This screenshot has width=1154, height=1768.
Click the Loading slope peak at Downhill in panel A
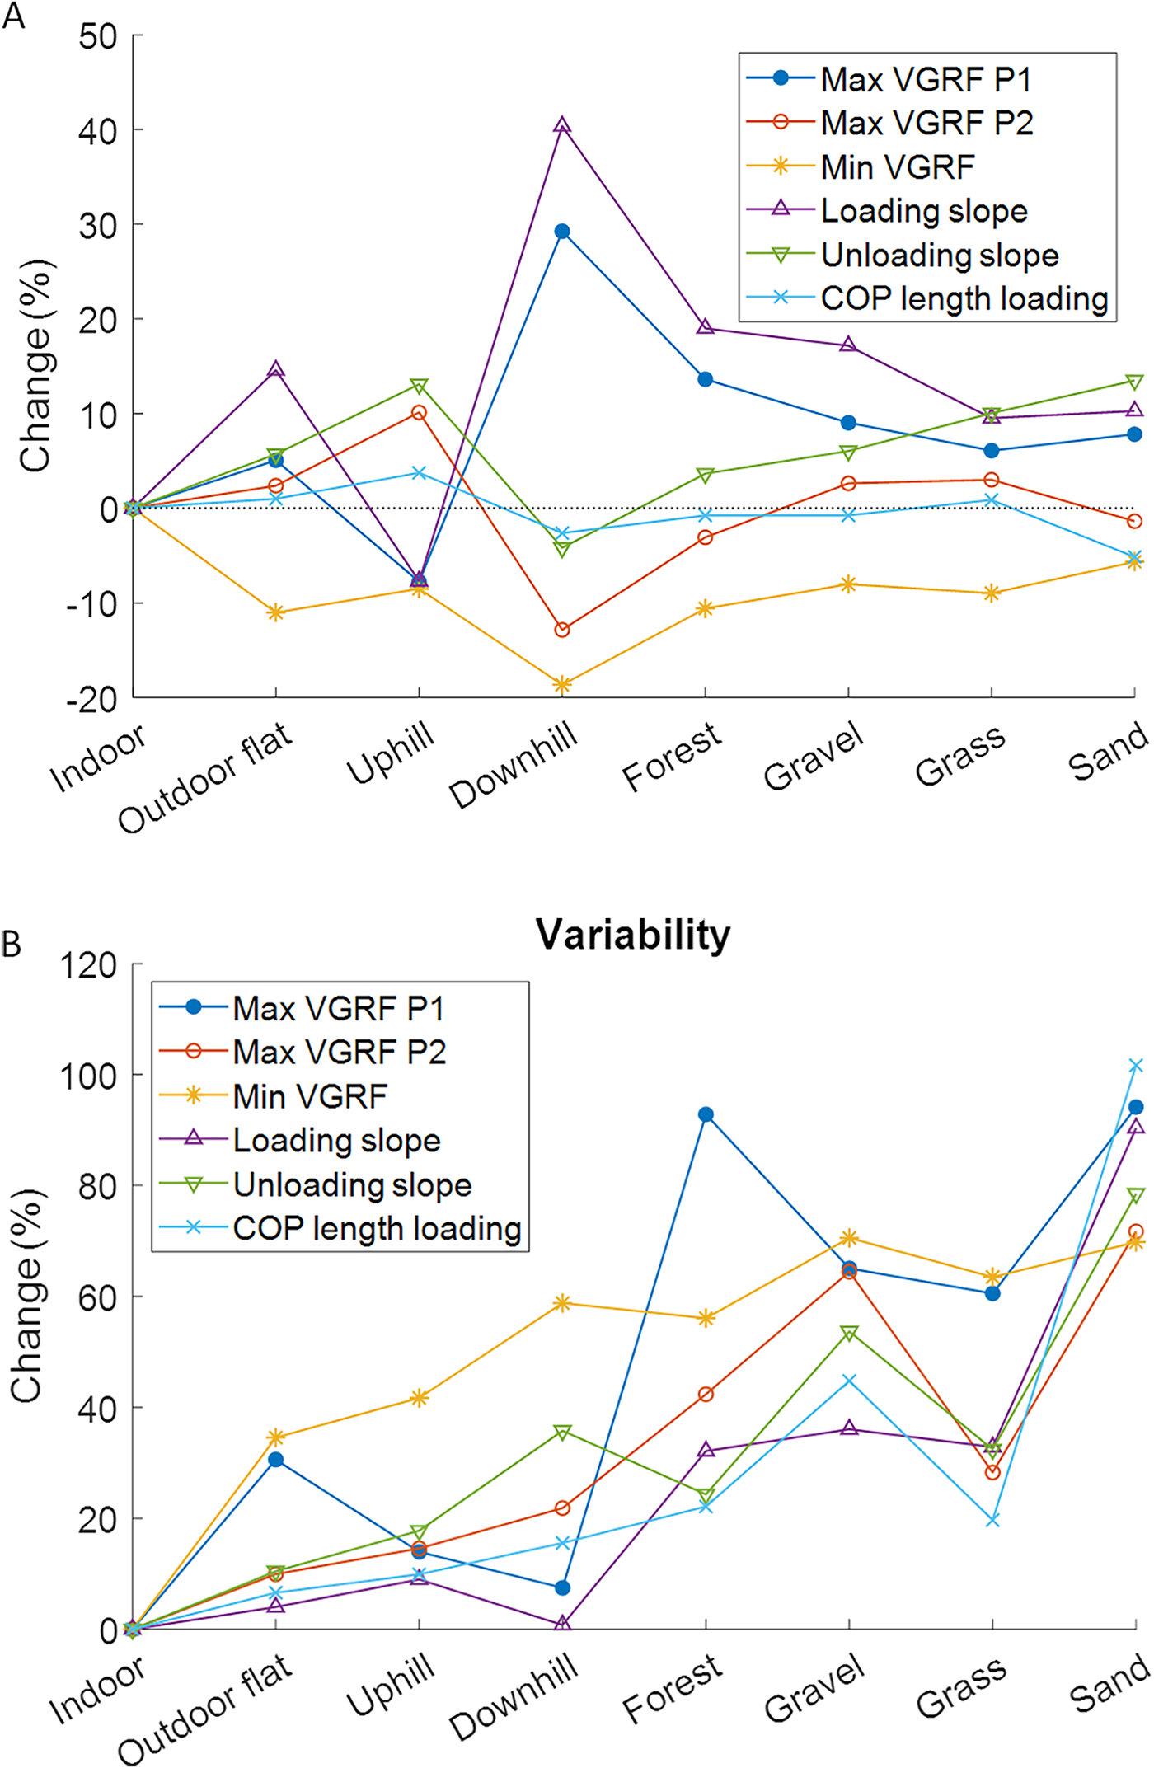[x=562, y=125]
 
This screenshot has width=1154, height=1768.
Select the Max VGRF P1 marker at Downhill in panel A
[x=562, y=232]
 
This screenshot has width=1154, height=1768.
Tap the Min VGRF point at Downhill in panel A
[x=562, y=684]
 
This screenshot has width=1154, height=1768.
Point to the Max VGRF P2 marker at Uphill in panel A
[x=419, y=412]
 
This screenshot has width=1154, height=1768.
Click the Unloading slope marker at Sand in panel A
[x=1134, y=382]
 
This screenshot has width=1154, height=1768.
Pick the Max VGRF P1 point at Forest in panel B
[x=706, y=1114]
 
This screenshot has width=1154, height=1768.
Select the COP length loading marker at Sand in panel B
[x=1135, y=1066]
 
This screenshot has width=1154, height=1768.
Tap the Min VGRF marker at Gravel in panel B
[x=849, y=1238]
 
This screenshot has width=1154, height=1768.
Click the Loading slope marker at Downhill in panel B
[x=562, y=1623]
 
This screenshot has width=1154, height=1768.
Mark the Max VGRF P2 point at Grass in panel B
[x=992, y=1472]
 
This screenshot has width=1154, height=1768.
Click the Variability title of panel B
[x=633, y=935]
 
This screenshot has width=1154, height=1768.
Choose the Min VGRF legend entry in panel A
[x=898, y=167]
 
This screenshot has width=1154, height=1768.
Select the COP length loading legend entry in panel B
[x=377, y=1228]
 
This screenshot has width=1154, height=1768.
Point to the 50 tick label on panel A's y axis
[x=98, y=36]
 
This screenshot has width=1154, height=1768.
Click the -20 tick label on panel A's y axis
[x=91, y=699]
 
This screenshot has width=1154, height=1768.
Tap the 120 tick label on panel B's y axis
[x=88, y=964]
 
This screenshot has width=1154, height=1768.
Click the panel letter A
[x=13, y=15]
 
